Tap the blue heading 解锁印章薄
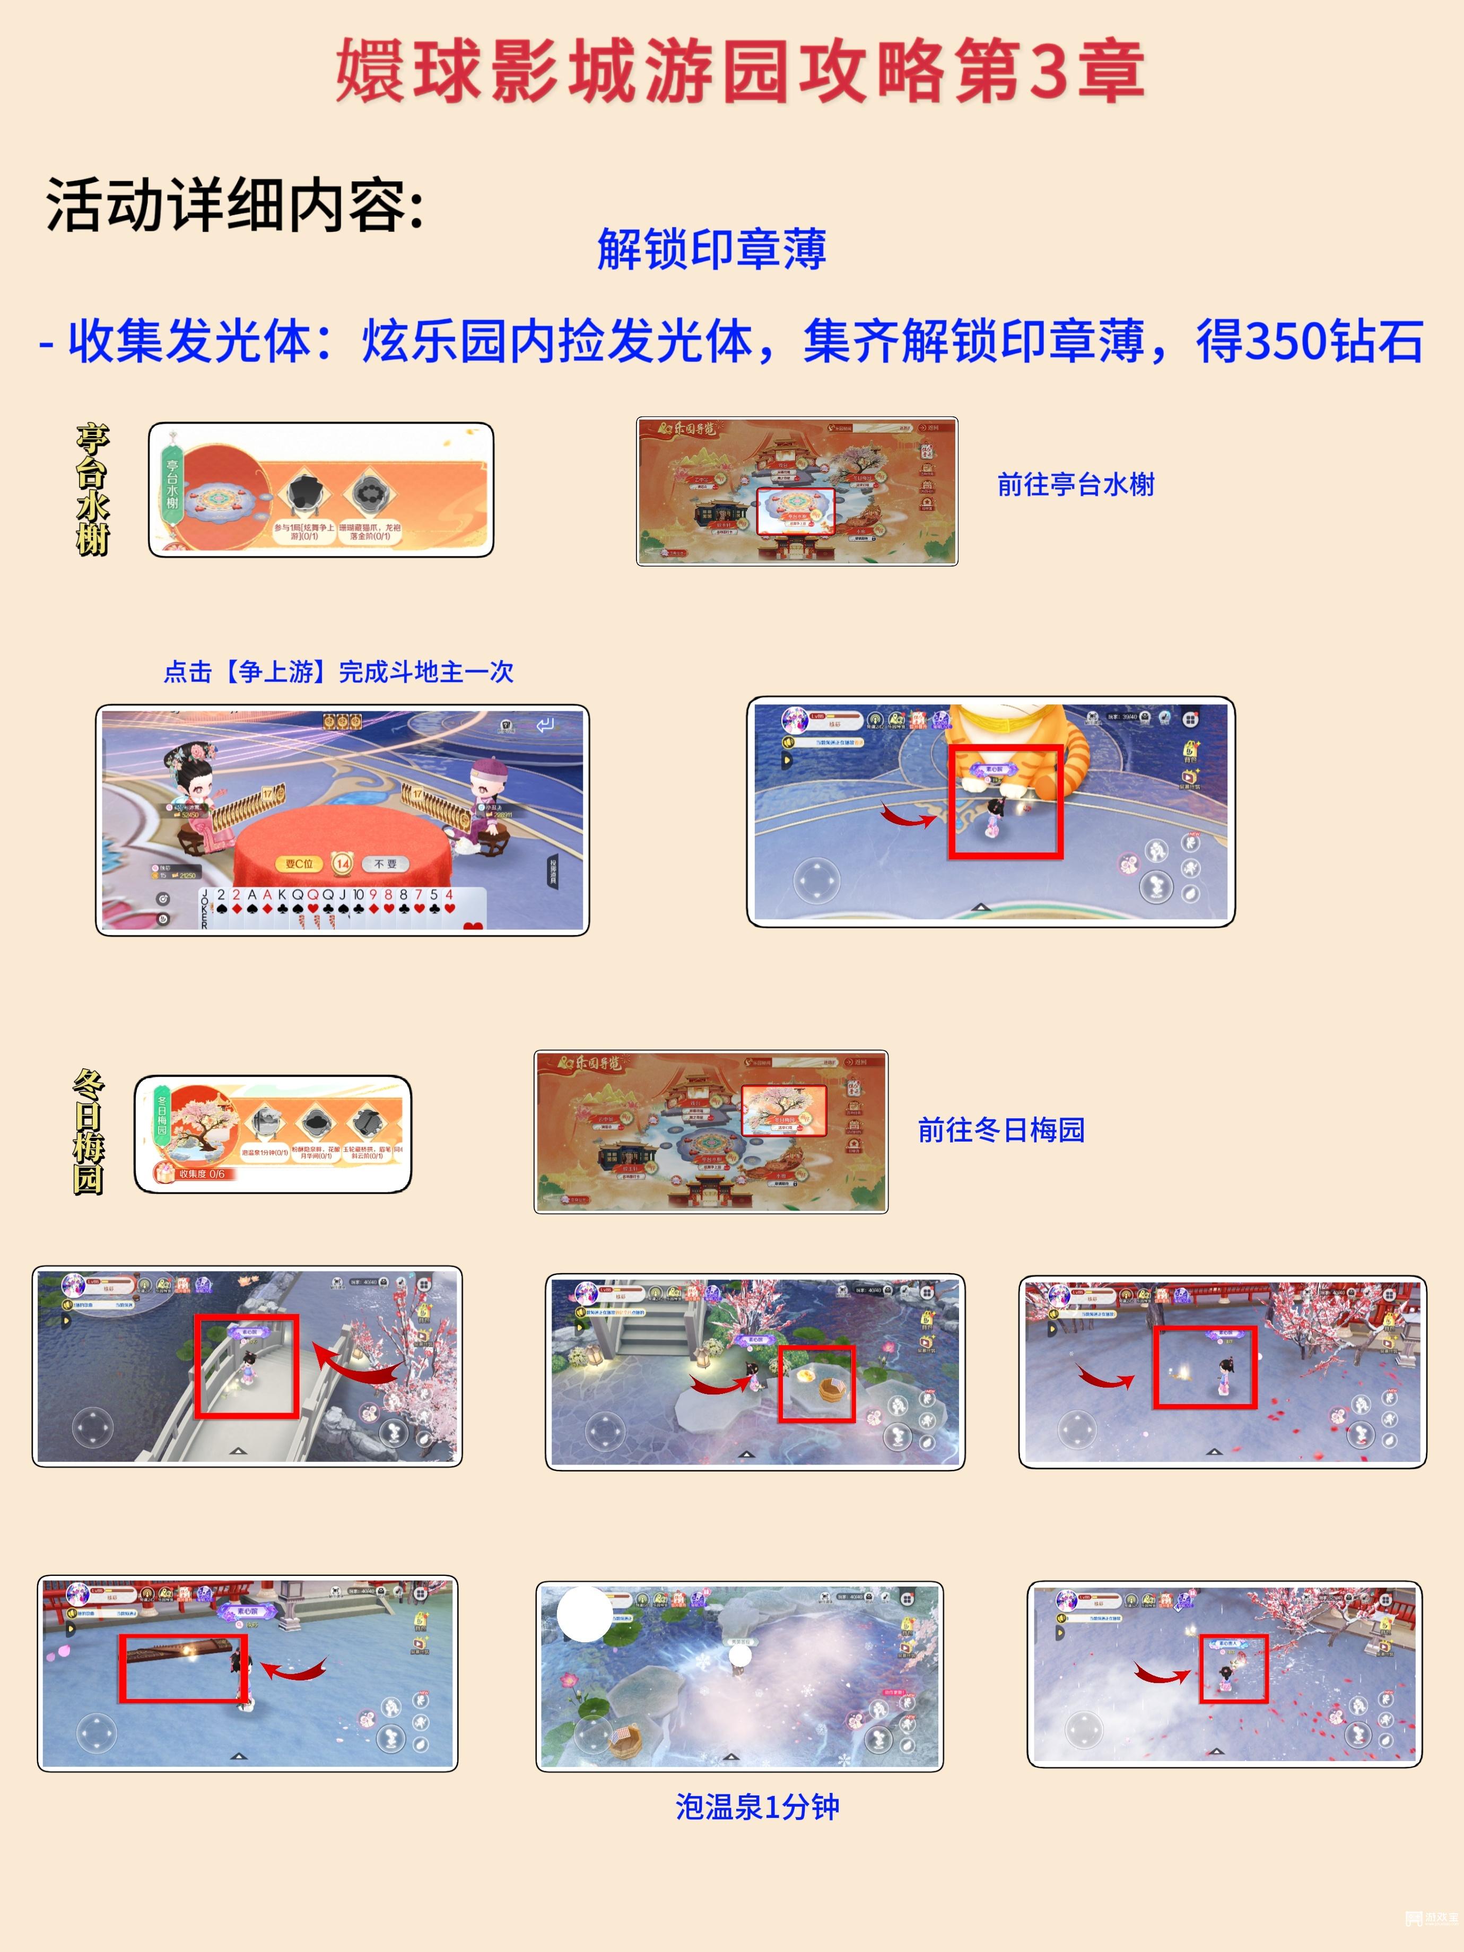pos(711,250)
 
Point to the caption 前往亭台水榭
pos(1075,484)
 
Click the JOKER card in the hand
pos(205,909)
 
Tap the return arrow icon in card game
pos(545,726)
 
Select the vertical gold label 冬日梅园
pos(88,1132)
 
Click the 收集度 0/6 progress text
pos(201,1174)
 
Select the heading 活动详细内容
pos(234,206)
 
